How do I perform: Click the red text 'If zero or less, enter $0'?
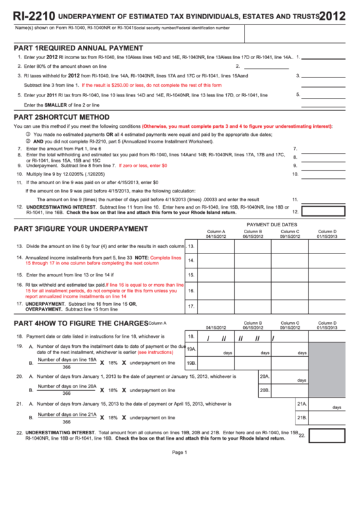pos(143,166)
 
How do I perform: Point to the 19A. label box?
pos(192,349)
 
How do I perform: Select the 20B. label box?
pos(265,390)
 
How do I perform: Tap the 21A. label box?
pos(302,404)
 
